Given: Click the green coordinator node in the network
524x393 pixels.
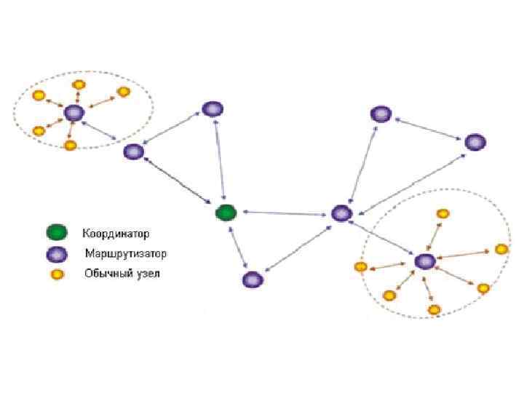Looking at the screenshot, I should (226, 213).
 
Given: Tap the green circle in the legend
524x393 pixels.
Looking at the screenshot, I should (56, 234).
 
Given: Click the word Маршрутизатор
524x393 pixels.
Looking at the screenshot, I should (126, 254).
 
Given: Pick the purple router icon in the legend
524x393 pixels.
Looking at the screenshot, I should (56, 254).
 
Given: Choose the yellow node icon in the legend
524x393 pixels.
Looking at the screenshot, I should (56, 274).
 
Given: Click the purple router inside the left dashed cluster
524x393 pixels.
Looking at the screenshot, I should (74, 113).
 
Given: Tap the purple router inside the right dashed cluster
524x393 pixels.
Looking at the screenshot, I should (424, 261).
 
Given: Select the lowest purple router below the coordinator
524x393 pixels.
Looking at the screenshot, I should (252, 279).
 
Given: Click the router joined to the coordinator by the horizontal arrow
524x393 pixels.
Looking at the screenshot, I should (341, 213).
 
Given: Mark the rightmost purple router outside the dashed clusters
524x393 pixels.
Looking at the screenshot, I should (474, 143).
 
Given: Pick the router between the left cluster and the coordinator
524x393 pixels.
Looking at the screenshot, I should (133, 152).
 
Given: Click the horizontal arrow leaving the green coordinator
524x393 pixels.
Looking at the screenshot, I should (284, 213).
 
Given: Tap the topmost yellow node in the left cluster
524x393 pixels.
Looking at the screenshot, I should (78, 85).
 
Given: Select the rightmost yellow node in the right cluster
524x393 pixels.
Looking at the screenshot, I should (501, 250).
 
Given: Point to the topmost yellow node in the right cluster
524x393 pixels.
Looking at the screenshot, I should (442, 213).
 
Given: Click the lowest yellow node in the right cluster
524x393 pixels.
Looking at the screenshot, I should (434, 309).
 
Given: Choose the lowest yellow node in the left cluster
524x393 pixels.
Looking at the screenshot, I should (70, 146).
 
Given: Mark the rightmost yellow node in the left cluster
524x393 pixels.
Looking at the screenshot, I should (124, 92).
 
